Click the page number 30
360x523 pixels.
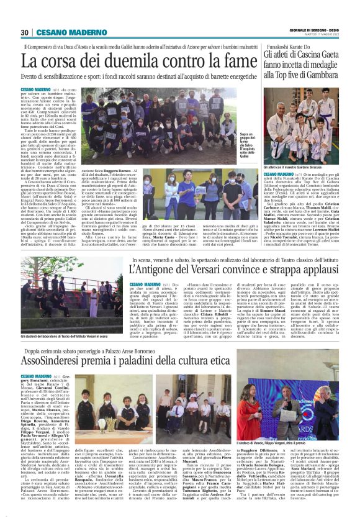24,32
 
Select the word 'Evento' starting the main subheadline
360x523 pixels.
32,76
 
